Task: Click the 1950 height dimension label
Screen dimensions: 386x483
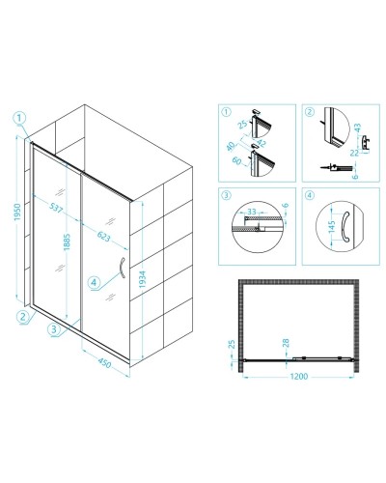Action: point(17,213)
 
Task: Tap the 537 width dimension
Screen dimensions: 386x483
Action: point(56,208)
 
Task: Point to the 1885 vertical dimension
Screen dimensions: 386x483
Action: point(67,242)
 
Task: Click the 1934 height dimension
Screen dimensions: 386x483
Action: point(143,279)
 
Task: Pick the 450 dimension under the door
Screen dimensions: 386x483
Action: point(104,363)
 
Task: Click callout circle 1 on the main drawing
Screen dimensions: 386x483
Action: point(19,118)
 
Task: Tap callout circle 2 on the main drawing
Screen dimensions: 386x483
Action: point(22,317)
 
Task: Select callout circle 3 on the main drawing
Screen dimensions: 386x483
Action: point(54,329)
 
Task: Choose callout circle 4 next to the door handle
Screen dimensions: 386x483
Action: point(94,283)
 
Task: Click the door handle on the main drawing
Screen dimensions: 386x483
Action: point(122,268)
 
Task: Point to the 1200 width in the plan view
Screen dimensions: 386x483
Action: point(299,376)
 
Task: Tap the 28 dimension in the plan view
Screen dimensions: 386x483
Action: point(286,343)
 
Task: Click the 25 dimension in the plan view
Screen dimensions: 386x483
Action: point(232,344)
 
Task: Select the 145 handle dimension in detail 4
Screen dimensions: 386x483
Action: point(332,226)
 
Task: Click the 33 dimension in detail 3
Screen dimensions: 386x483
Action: point(252,212)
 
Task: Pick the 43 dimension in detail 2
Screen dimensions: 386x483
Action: point(357,128)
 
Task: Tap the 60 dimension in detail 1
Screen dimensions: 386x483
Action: point(237,160)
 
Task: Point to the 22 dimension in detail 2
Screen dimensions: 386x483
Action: point(354,153)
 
